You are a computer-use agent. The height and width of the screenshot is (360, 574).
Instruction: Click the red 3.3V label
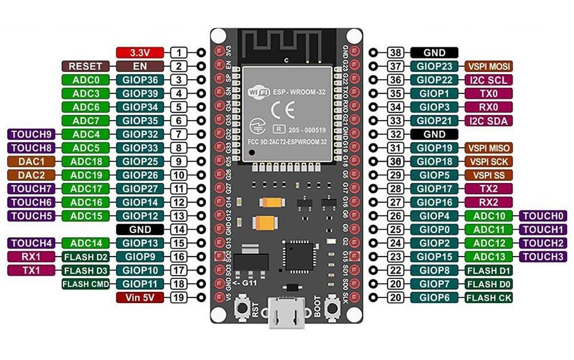pos(141,52)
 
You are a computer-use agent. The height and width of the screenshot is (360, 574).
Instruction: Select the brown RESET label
pos(85,66)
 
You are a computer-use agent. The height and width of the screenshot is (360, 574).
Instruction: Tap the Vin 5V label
pos(141,297)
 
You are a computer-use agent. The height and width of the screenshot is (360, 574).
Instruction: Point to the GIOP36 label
pos(140,80)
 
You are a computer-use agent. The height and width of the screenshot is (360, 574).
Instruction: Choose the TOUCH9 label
pos(32,134)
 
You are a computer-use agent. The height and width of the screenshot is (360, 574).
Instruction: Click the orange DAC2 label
pos(32,175)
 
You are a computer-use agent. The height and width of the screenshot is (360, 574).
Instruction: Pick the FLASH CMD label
pos(86,284)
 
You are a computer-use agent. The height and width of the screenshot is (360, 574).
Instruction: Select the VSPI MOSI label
pos(488,66)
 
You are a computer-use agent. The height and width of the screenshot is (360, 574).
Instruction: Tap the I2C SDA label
pos(488,121)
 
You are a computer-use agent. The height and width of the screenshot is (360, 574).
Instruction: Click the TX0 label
pos(488,93)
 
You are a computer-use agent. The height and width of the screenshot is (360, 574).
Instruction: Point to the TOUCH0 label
pos(543,216)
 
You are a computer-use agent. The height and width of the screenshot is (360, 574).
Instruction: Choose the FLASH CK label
pos(488,297)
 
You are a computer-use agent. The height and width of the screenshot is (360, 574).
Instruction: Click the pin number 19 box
pos(179,297)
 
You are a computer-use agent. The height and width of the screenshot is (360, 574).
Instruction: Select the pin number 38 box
pos(394,52)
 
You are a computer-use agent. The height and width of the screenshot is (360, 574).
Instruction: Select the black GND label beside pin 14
pos(141,229)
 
